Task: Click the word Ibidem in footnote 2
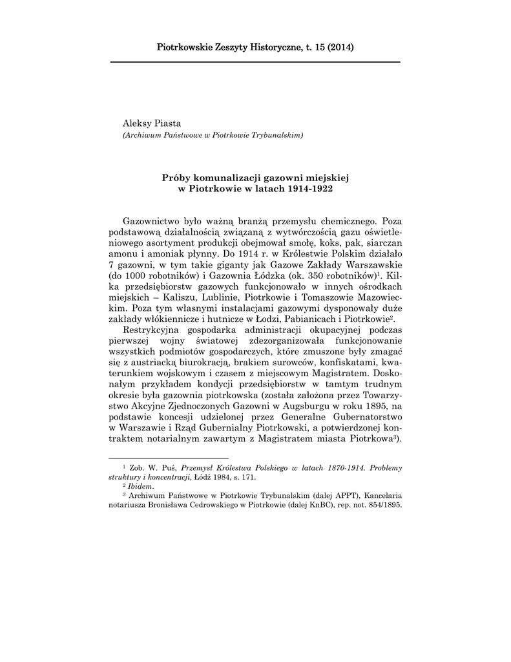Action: (x=140, y=486)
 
